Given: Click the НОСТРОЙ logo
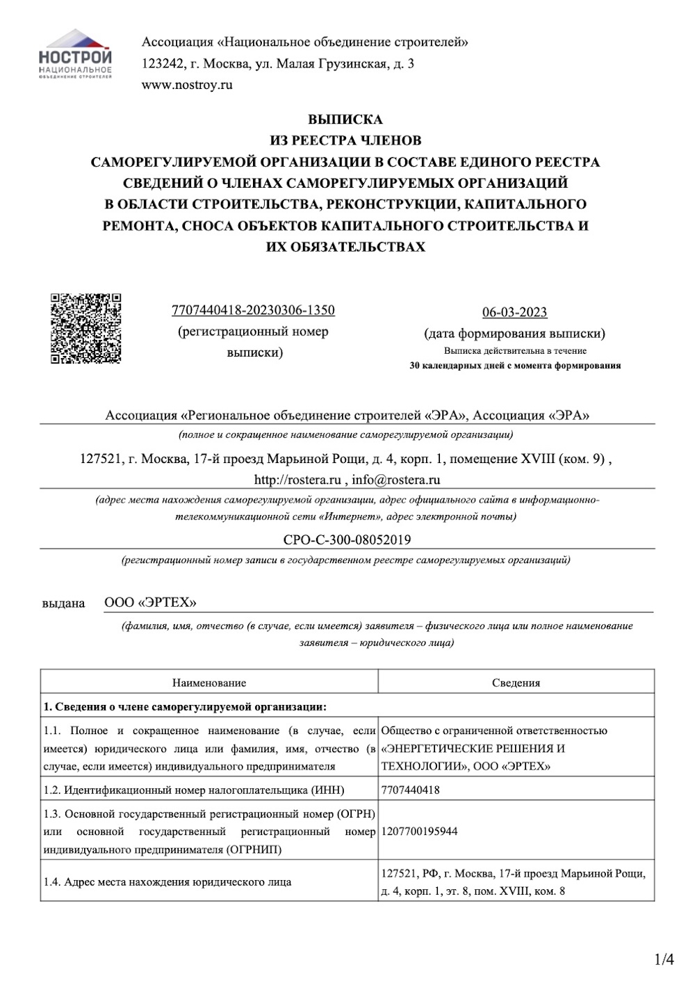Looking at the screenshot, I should [x=75, y=55].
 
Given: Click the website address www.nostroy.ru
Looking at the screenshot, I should [x=187, y=86].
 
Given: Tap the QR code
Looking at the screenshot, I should [x=86, y=328].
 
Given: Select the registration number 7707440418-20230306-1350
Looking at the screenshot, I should [x=253, y=310].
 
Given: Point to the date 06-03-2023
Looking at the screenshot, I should [x=514, y=312].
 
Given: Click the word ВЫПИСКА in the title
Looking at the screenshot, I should [x=345, y=120].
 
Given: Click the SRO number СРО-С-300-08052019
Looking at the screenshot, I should [x=347, y=539].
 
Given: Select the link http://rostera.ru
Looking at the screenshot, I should [x=297, y=480].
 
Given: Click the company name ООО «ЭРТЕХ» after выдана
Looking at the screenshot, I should [x=150, y=602].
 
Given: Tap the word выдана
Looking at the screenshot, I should [x=63, y=603].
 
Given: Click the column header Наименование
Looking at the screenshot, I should [x=209, y=683].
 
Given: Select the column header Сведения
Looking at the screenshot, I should [x=516, y=683].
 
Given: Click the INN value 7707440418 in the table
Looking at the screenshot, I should [x=410, y=790].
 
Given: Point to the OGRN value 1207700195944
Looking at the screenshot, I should [x=419, y=831].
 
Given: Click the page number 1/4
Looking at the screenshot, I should [x=664, y=961].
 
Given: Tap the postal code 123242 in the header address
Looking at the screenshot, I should [x=161, y=64].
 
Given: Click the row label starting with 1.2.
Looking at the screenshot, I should [x=194, y=790].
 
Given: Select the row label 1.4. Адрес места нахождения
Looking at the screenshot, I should [x=167, y=882].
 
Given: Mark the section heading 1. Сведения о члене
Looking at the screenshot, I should [x=185, y=706].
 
